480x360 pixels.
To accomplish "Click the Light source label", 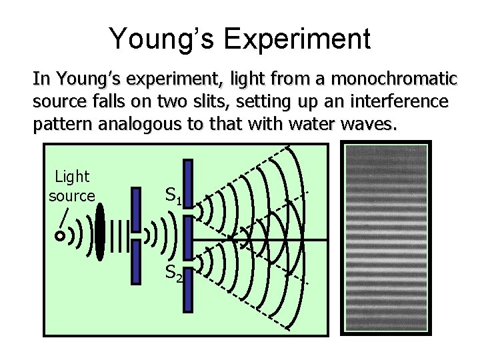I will click(72, 186).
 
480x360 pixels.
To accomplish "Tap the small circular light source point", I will click(60, 235).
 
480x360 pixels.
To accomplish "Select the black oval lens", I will click(100, 232).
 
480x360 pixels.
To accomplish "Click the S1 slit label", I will click(173, 195).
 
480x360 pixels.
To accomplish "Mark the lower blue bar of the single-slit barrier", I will click(137, 263).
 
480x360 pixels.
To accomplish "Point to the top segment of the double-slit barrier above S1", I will click(188, 183).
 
